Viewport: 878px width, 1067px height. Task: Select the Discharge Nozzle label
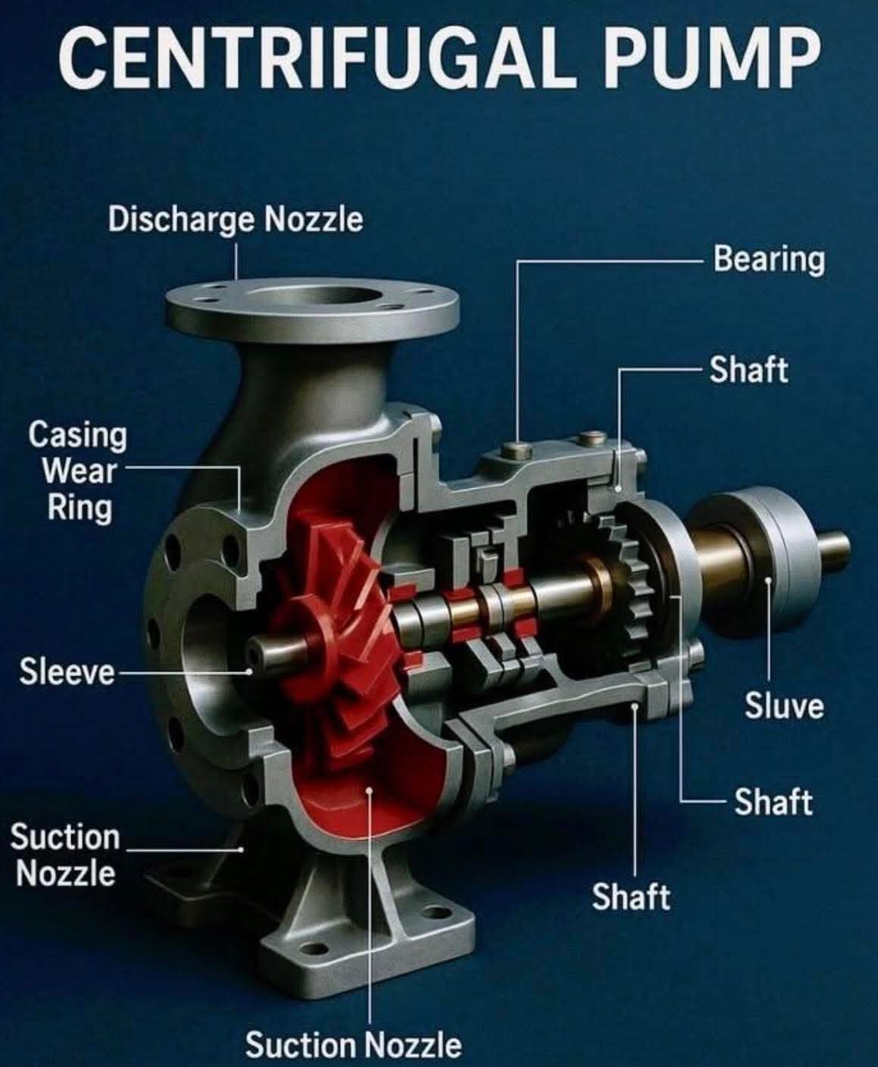[x=235, y=220]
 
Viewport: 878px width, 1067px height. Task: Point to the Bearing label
[x=768, y=259]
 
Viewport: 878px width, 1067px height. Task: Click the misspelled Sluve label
[x=783, y=706]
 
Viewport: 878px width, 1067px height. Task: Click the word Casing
[x=77, y=436]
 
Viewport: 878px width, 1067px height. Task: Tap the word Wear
[x=79, y=471]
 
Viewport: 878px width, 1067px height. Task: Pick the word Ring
[x=80, y=506]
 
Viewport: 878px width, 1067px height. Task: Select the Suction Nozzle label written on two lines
[x=65, y=855]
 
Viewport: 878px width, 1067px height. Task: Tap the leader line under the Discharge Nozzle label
[x=236, y=261]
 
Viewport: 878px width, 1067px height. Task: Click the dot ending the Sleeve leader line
[x=249, y=671]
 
